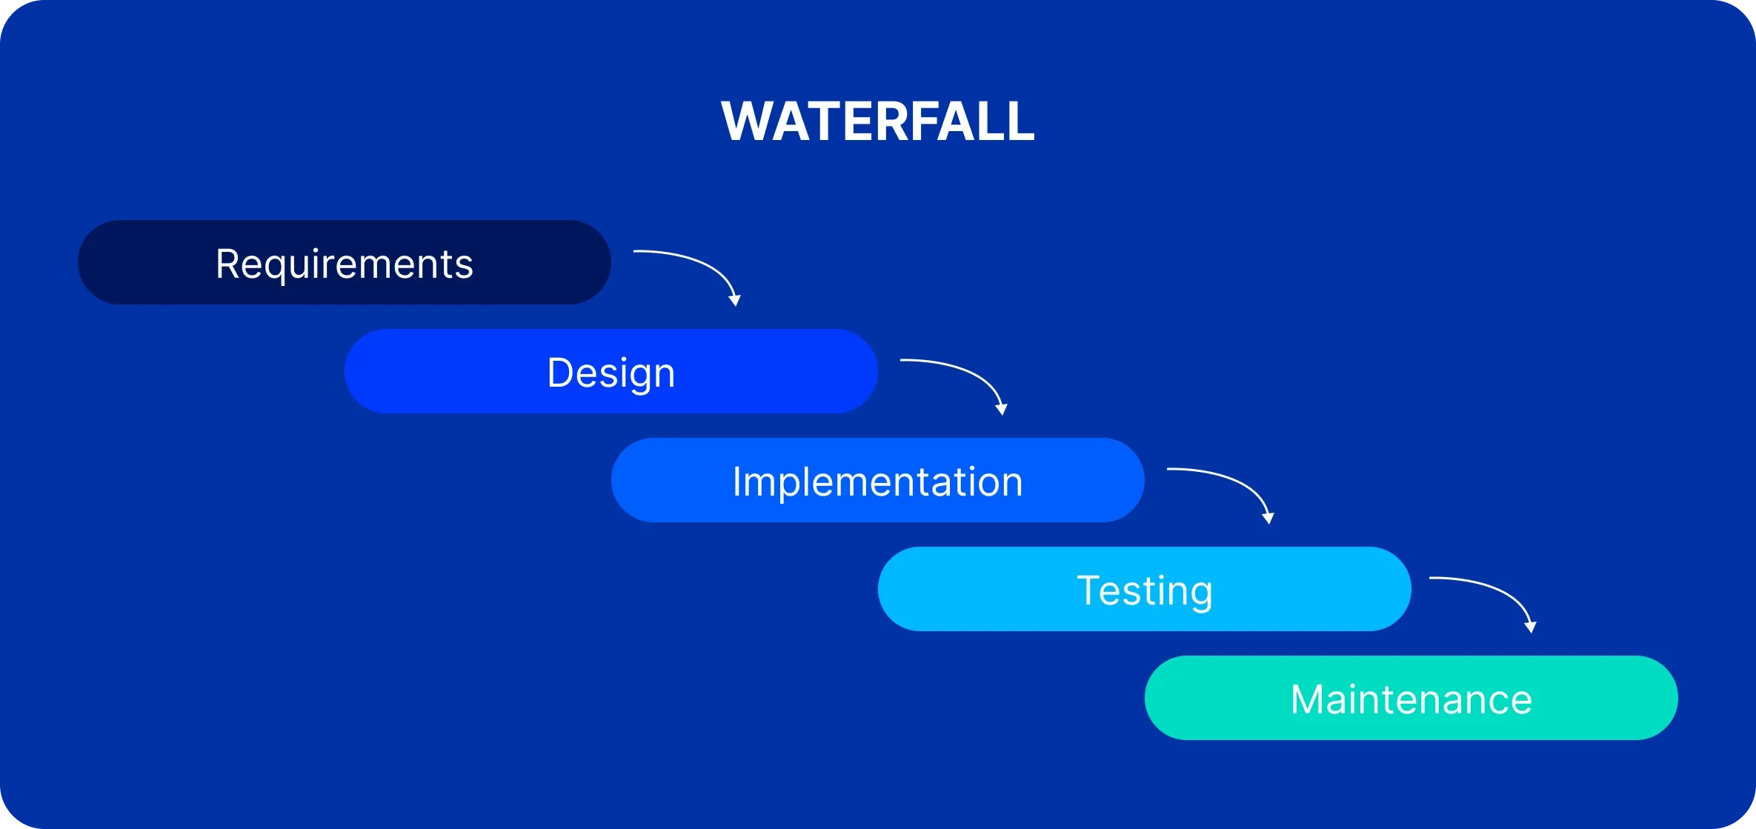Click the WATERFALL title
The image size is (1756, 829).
tap(878, 121)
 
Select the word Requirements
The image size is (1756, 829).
tap(345, 264)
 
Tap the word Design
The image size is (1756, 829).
tap(611, 373)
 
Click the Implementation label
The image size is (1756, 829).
tap(878, 482)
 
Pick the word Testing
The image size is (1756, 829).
tap(1145, 590)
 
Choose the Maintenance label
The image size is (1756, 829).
tap(1411, 699)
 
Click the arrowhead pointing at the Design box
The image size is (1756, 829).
tap(735, 300)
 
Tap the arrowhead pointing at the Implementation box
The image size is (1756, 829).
tap(1002, 409)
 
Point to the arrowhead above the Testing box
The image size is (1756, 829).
tap(1268, 518)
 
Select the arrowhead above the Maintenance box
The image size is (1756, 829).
tap(1531, 627)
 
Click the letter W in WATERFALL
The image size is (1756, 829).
tap(747, 121)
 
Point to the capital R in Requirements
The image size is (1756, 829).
tap(227, 264)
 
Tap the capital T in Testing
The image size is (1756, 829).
tap(1091, 590)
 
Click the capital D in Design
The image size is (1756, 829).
tap(561, 373)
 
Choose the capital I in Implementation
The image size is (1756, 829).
tap(737, 482)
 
